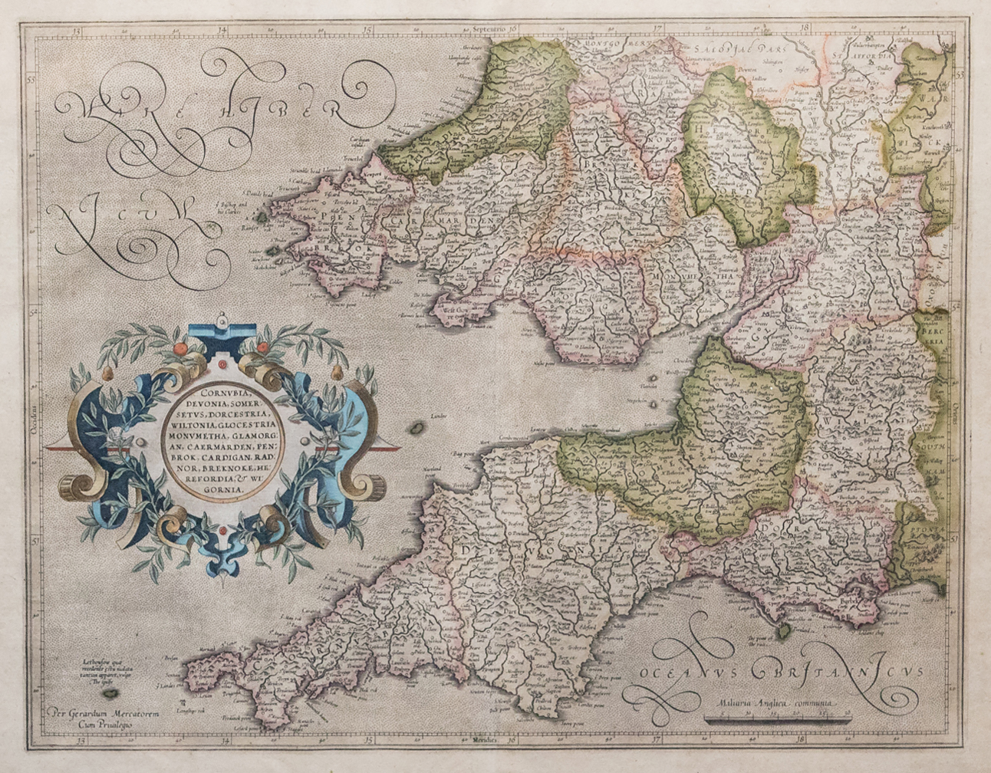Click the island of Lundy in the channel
coord(418,426)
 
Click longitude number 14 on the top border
coord(222,31)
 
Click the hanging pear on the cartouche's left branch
coord(107,373)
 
